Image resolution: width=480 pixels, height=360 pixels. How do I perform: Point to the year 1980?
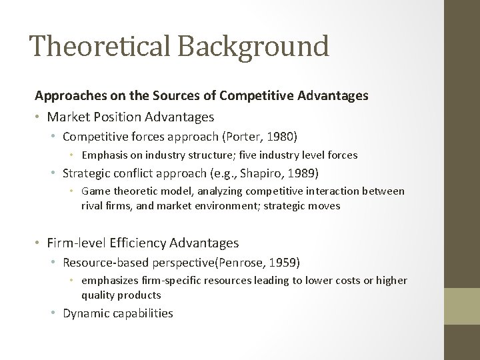[280, 136]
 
